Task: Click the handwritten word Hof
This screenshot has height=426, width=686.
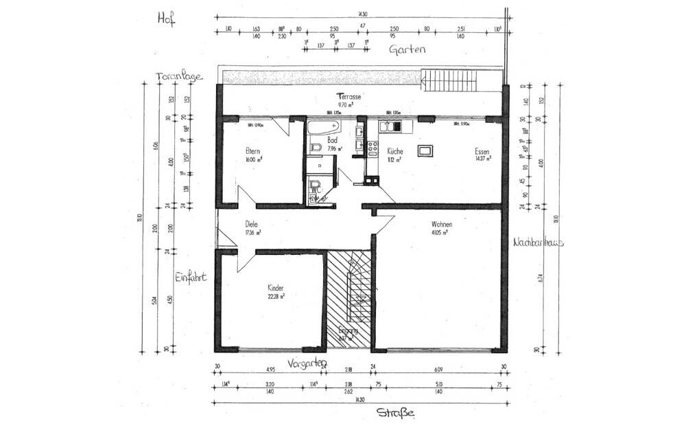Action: click(167, 19)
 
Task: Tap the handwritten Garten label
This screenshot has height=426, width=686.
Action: click(407, 49)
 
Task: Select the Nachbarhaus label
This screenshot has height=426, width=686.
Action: click(539, 242)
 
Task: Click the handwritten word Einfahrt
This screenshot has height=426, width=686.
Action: click(191, 277)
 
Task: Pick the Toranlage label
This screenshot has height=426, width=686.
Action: click(179, 76)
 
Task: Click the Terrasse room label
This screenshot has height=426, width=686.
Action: click(348, 97)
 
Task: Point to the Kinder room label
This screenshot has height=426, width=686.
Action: click(276, 288)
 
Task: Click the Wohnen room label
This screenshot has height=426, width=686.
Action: click(442, 224)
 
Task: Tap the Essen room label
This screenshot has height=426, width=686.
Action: click(482, 151)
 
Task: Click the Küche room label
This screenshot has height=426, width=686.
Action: click(394, 151)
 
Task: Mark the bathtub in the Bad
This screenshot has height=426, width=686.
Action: click(322, 127)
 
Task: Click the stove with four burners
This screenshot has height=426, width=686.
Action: click(373, 148)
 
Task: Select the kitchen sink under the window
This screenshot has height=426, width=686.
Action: click(392, 126)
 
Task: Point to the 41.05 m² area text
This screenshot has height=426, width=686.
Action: click(439, 233)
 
